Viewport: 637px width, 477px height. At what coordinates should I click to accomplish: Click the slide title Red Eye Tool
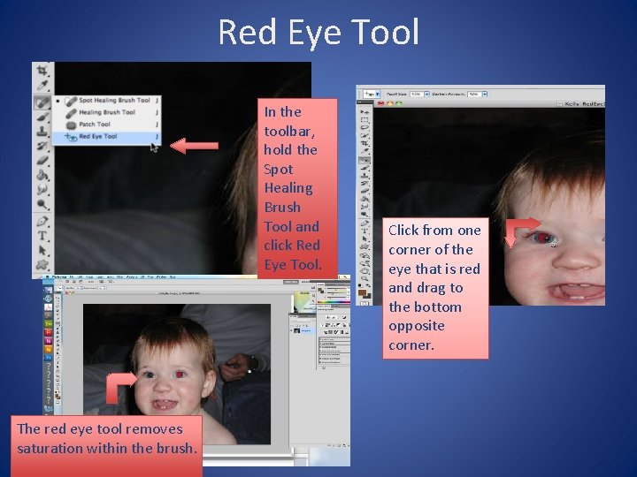pyautogui.click(x=318, y=33)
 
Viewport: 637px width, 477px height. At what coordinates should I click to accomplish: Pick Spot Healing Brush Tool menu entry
pyautogui.click(x=113, y=101)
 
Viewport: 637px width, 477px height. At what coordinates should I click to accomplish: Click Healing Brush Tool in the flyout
pyautogui.click(x=106, y=112)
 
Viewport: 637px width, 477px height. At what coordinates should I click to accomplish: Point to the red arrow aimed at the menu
pyautogui.click(x=194, y=146)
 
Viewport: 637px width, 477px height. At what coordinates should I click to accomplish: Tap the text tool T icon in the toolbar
pyautogui.click(x=42, y=236)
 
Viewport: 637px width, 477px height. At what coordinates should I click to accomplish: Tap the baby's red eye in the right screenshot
pyautogui.click(x=542, y=238)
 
